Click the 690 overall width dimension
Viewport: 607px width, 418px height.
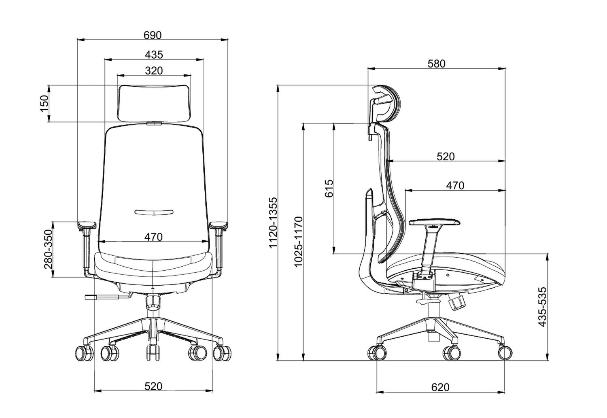pyautogui.click(x=153, y=35)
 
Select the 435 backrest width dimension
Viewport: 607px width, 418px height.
pyautogui.click(x=154, y=54)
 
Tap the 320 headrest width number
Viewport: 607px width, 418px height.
pyautogui.click(x=154, y=70)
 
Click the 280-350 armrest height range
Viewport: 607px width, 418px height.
pyautogui.click(x=48, y=249)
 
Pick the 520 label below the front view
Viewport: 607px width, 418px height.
pyautogui.click(x=153, y=386)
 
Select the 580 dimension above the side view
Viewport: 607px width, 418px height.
pyautogui.click(x=436, y=64)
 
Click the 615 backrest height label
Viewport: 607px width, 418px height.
pyautogui.click(x=329, y=188)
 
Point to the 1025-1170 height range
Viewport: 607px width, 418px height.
pyautogui.click(x=298, y=242)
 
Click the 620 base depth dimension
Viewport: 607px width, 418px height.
pyautogui.click(x=440, y=387)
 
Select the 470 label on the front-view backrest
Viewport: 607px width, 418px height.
pyautogui.click(x=153, y=237)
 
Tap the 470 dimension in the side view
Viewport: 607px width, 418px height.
pyautogui.click(x=455, y=185)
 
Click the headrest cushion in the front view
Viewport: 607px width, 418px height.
pyautogui.click(x=154, y=102)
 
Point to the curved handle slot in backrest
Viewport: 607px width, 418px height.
pyautogui.click(x=154, y=212)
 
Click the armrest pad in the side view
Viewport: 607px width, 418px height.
pyautogui.click(x=435, y=222)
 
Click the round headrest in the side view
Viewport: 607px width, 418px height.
pyautogui.click(x=386, y=103)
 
